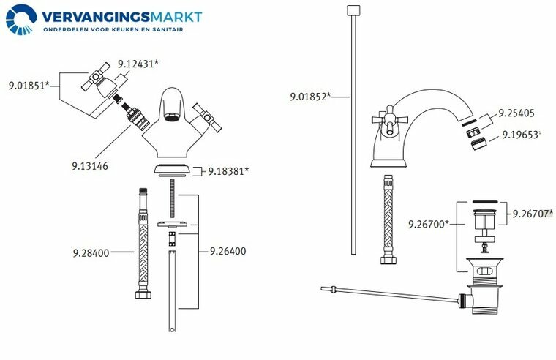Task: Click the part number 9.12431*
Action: click(x=138, y=64)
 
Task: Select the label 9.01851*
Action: click(x=29, y=86)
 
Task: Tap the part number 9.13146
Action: click(x=90, y=166)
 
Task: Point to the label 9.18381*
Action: click(x=228, y=171)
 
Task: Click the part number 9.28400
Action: click(x=91, y=253)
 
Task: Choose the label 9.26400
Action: click(x=228, y=251)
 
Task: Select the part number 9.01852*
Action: click(x=311, y=97)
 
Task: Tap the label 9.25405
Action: click(x=516, y=113)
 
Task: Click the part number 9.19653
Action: click(x=520, y=135)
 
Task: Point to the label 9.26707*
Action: click(x=533, y=214)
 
